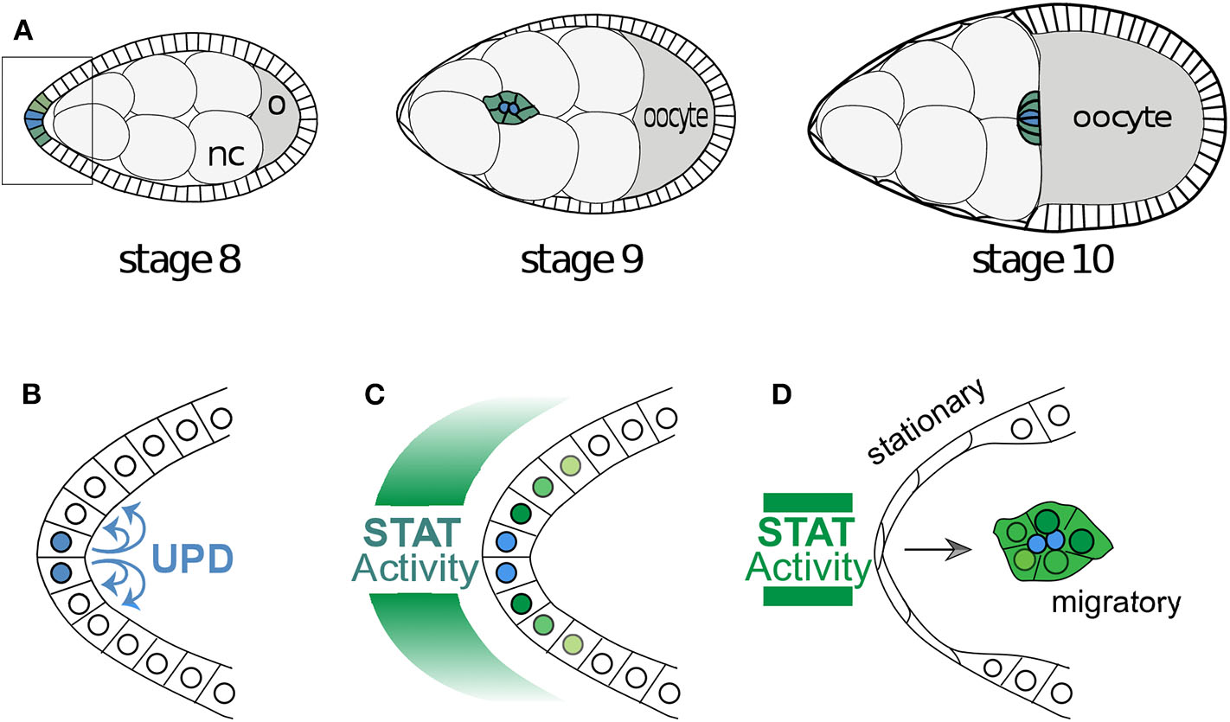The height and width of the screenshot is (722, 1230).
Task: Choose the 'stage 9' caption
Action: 581,259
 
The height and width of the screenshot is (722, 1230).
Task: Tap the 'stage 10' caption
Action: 1042,259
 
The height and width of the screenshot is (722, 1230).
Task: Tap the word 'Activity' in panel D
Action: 809,568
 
